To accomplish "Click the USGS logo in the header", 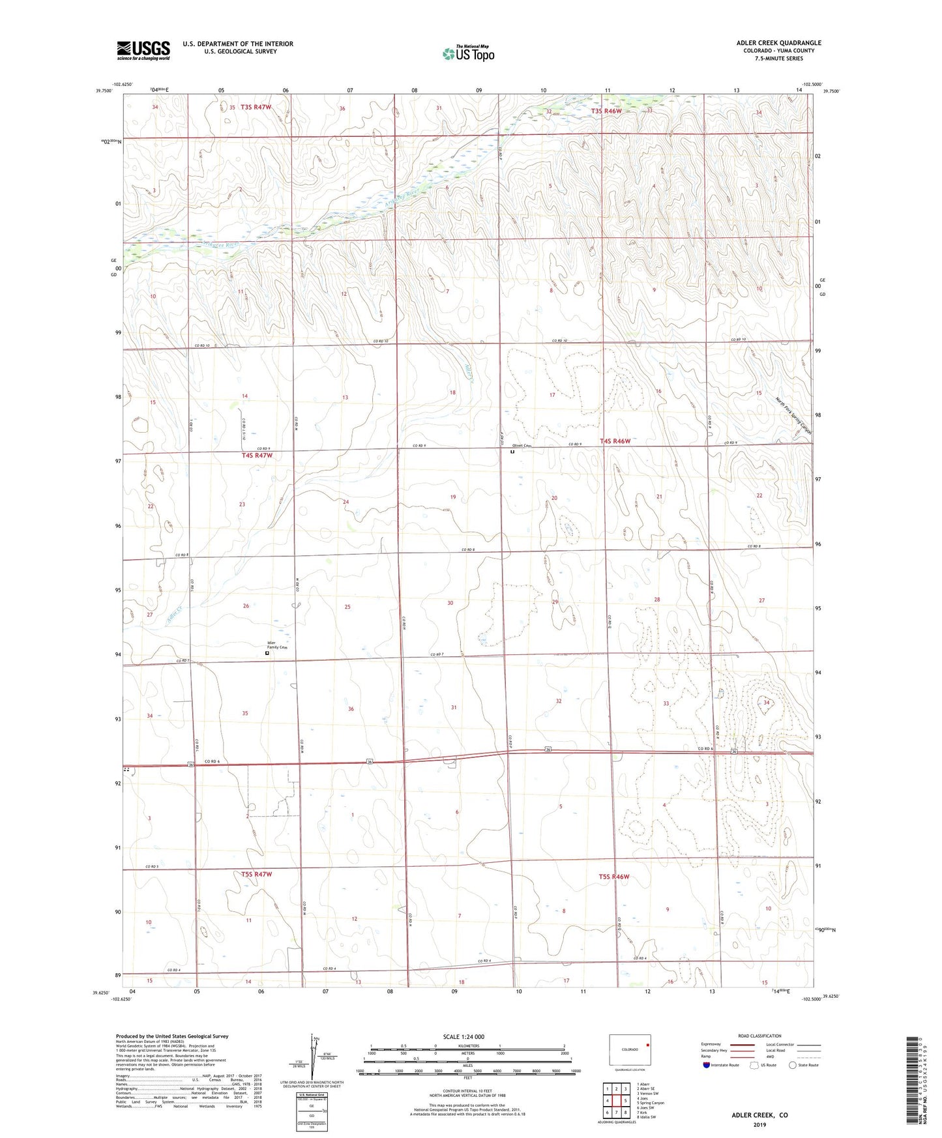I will coord(143,50).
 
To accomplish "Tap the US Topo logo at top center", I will coord(468,53).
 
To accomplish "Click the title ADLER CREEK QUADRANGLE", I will coord(778,43).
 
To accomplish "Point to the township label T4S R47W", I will coord(257,456).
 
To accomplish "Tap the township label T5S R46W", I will coord(614,877).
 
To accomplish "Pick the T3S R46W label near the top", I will coord(606,111).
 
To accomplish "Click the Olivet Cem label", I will coord(523,446).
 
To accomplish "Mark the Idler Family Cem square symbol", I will coord(267,652).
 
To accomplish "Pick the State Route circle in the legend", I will coord(792,1065).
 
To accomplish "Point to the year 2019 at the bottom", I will coord(759,1124).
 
